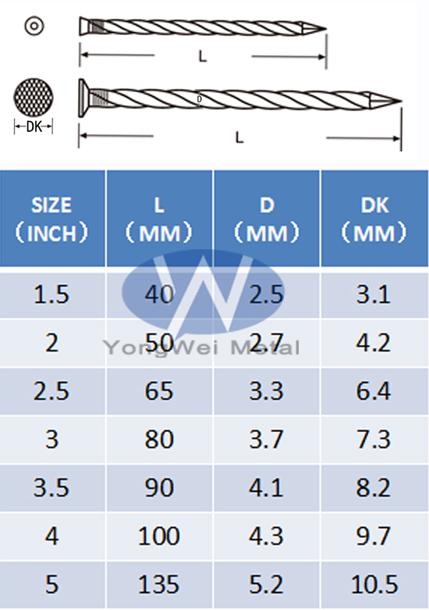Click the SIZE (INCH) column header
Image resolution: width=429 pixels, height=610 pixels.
click(x=51, y=219)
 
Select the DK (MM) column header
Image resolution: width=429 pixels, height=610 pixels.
click(x=374, y=219)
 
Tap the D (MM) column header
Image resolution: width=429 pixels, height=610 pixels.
click(x=267, y=219)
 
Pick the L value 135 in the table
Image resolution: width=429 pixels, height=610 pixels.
click(x=159, y=584)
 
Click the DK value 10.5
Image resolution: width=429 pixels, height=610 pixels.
click(x=374, y=584)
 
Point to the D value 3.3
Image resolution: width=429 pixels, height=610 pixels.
click(x=266, y=391)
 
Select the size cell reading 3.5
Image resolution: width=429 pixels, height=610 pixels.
click(x=51, y=487)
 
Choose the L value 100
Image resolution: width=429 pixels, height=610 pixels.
click(x=159, y=536)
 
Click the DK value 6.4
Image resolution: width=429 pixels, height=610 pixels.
click(x=374, y=391)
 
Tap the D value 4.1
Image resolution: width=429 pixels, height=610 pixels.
click(x=266, y=487)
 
